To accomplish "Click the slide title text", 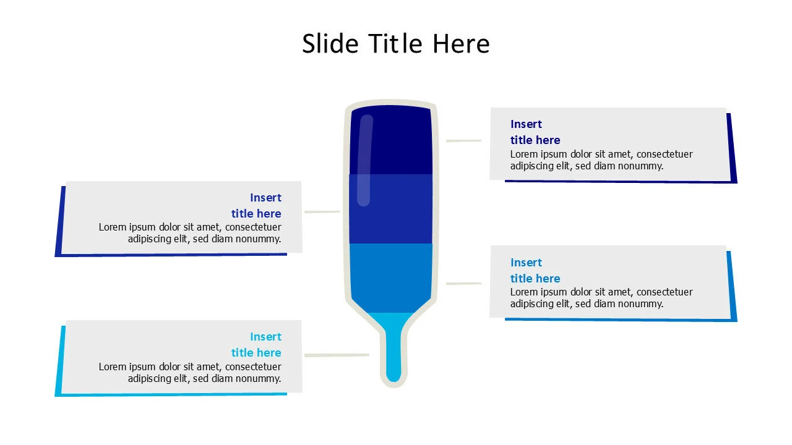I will pyautogui.click(x=396, y=44).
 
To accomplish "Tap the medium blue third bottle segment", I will pyautogui.click(x=391, y=277).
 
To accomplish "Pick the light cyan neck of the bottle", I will pyautogui.click(x=394, y=352).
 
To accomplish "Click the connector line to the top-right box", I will pyautogui.click(x=463, y=141).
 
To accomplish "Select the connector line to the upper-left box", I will pyautogui.click(x=322, y=212).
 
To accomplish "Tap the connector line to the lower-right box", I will pyautogui.click(x=463, y=284).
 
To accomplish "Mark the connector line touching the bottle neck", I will pyautogui.click(x=337, y=355).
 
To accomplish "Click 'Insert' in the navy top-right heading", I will pyautogui.click(x=526, y=124).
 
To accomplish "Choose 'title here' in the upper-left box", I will pyautogui.click(x=256, y=214).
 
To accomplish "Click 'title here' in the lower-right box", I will pyautogui.click(x=535, y=279).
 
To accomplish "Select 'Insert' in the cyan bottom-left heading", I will pyautogui.click(x=265, y=337).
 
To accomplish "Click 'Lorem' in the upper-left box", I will pyautogui.click(x=113, y=227).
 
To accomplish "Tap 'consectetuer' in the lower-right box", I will pyautogui.click(x=665, y=292).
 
